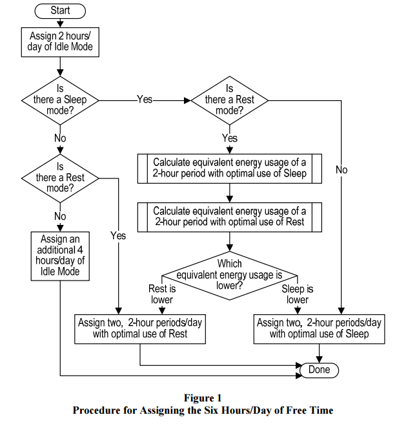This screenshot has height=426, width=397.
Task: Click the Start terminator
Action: pyautogui.click(x=60, y=11)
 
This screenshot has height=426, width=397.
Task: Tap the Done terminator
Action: pyautogui.click(x=319, y=370)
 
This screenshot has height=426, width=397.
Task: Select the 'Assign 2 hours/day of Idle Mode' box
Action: pyautogui.click(x=60, y=42)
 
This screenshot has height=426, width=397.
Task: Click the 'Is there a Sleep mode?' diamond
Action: pyautogui.click(x=60, y=100)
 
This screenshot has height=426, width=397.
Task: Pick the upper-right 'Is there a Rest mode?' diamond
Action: pyautogui.click(x=230, y=100)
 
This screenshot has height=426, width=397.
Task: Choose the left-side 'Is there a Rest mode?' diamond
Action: pyautogui.click(x=60, y=178)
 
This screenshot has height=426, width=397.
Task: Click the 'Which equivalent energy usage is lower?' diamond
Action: pyautogui.click(x=230, y=276)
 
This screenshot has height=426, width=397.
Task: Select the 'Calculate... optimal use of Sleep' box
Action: pyautogui.click(x=230, y=169)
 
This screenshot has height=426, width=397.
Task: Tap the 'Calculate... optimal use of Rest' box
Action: pyautogui.click(x=230, y=217)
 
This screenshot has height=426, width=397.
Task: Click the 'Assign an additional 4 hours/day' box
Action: pyautogui.click(x=60, y=256)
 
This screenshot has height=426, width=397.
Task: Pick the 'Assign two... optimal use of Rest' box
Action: pyautogui.click(x=140, y=329)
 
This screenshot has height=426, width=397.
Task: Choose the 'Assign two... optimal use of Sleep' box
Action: pyautogui.click(x=319, y=329)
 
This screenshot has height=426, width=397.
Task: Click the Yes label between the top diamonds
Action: pyautogui.click(x=145, y=100)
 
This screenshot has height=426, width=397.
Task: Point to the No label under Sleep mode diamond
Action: pyautogui.click(x=60, y=138)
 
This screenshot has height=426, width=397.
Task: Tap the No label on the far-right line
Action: pyautogui.click(x=341, y=170)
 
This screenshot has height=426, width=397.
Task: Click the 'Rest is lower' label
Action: pyautogui.click(x=162, y=294)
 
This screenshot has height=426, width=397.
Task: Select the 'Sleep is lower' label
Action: pyautogui.click(x=298, y=294)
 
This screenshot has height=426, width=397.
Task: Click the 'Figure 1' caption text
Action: pyautogui.click(x=203, y=398)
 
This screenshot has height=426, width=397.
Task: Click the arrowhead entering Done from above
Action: pyautogui.click(x=319, y=359)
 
